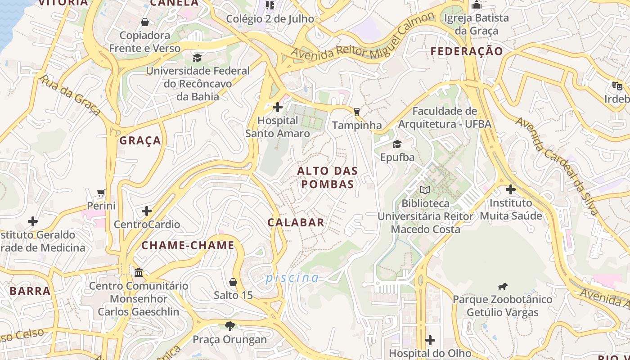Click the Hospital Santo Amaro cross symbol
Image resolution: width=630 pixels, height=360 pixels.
[x=278, y=107]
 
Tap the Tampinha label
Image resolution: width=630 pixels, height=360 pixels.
[x=357, y=126]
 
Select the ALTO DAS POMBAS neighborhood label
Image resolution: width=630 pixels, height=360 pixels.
[x=328, y=177]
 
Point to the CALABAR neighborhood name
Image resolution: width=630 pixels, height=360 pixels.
[x=296, y=222]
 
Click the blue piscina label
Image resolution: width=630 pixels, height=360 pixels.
[x=292, y=278]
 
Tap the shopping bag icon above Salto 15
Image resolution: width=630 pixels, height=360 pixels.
[x=233, y=282]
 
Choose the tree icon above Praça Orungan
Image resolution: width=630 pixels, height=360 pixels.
[x=230, y=326]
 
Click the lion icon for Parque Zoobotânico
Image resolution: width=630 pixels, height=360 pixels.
[x=503, y=286]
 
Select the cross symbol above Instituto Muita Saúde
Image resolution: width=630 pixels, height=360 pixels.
[x=510, y=189]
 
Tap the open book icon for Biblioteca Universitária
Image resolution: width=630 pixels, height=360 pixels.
[x=425, y=190]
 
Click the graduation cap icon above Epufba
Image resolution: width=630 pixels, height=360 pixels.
[x=397, y=144]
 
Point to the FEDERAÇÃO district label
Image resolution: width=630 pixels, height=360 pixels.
[x=467, y=51]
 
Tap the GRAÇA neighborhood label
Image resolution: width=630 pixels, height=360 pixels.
[x=140, y=140]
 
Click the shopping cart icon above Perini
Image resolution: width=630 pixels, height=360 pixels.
[x=101, y=193]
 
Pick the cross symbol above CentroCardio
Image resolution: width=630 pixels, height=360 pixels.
[x=147, y=211]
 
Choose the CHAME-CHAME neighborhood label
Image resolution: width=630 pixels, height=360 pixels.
[x=188, y=245]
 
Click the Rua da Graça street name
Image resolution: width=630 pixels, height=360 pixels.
[x=70, y=95]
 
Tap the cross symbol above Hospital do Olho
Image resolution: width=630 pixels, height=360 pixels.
[x=430, y=340]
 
